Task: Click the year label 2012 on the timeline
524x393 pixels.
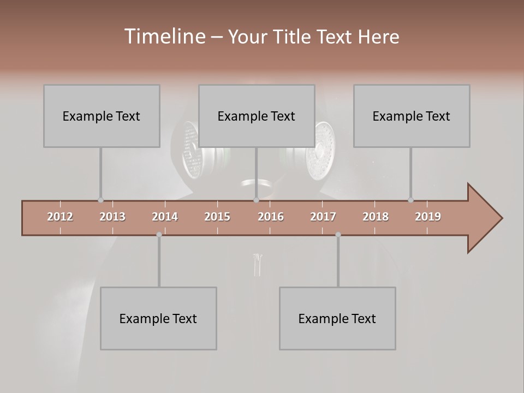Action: (x=60, y=217)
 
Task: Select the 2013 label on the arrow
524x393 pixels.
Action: (x=112, y=217)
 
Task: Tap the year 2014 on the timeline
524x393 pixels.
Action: (x=165, y=217)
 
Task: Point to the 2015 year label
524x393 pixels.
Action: (x=217, y=217)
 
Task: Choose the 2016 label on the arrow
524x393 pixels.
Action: (x=271, y=217)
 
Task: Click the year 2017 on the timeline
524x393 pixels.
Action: (x=323, y=217)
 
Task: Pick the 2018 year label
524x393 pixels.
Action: (x=376, y=217)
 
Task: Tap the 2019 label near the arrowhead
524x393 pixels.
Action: (x=428, y=217)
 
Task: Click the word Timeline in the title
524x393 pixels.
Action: (x=163, y=37)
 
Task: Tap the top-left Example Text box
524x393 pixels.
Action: (x=102, y=116)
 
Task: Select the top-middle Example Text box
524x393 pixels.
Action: (x=257, y=116)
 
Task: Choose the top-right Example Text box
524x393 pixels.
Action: (x=412, y=116)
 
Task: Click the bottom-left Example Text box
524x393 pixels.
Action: (x=158, y=318)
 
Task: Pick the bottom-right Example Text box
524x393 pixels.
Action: (x=337, y=318)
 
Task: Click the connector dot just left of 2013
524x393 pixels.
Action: (x=100, y=200)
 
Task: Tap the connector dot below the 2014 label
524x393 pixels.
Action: (x=159, y=235)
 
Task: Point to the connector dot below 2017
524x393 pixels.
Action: (x=338, y=235)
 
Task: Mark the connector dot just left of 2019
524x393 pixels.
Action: (x=410, y=200)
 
